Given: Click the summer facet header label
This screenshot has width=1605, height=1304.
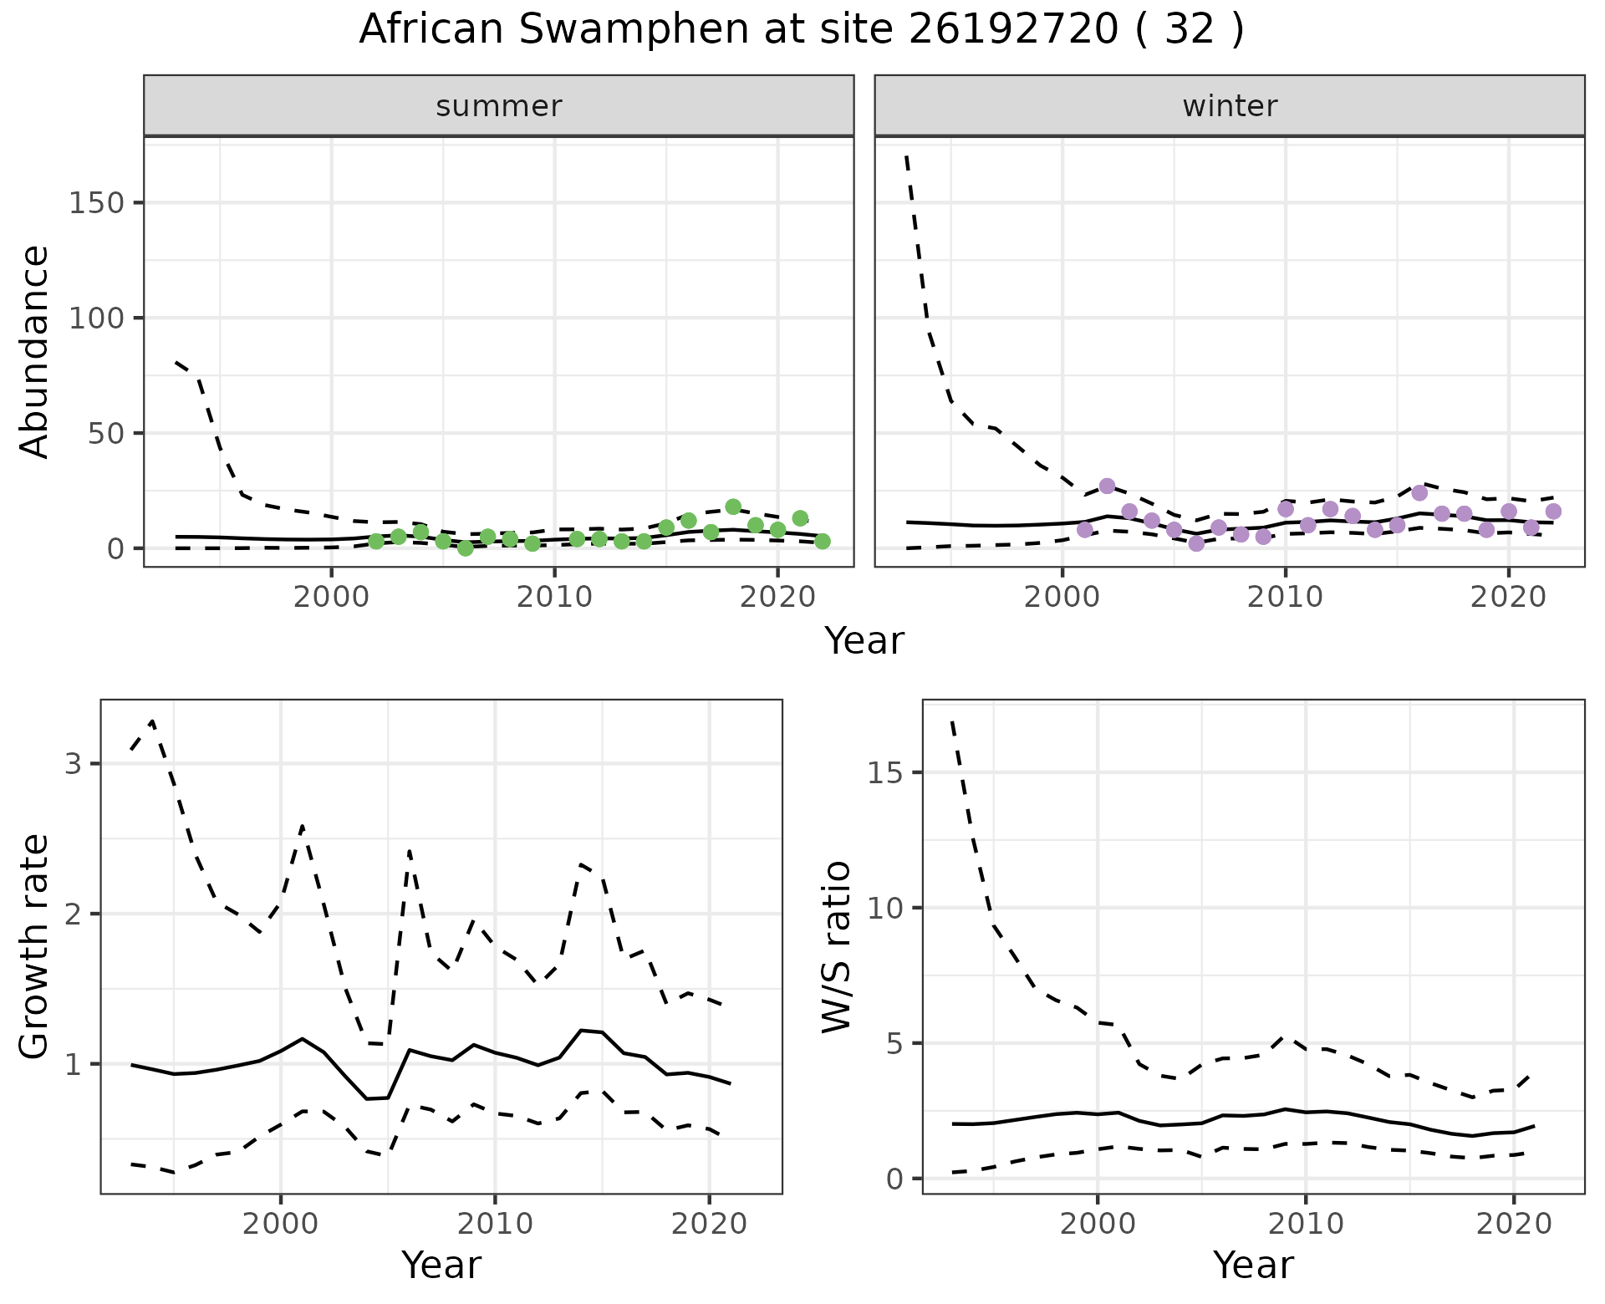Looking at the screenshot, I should pyautogui.click(x=499, y=106).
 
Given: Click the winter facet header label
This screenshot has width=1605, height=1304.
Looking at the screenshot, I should pyautogui.click(x=1230, y=106).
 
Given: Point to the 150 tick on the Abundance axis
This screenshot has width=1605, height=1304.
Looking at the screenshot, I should pyautogui.click(x=97, y=203).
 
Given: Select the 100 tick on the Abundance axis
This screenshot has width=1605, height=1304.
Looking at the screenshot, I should pyautogui.click(x=97, y=318).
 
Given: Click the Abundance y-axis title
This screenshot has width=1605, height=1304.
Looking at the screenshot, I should pyautogui.click(x=35, y=351).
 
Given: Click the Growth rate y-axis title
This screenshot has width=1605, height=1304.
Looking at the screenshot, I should pyautogui.click(x=35, y=947).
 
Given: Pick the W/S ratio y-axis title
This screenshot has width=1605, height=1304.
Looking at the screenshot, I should pyautogui.click(x=836, y=947).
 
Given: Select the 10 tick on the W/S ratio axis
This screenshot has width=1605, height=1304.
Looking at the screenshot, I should pyautogui.click(x=884, y=908).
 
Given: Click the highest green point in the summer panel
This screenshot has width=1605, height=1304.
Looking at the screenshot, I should pyautogui.click(x=733, y=507).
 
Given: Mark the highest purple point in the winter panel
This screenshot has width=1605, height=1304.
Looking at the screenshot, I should pyautogui.click(x=1107, y=486).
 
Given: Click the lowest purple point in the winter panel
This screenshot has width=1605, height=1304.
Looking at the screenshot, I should pyautogui.click(x=1196, y=543).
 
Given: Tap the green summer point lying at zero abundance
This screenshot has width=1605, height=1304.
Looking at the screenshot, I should pyautogui.click(x=466, y=548).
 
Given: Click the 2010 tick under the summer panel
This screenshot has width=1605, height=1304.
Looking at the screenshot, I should pyautogui.click(x=554, y=599).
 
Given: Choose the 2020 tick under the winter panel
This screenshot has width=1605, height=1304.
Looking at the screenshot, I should pyautogui.click(x=1509, y=599).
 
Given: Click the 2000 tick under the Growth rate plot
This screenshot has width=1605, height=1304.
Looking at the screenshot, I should pyautogui.click(x=281, y=1225).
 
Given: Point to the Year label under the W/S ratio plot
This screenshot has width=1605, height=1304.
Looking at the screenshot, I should pyautogui.click(x=1253, y=1266).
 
